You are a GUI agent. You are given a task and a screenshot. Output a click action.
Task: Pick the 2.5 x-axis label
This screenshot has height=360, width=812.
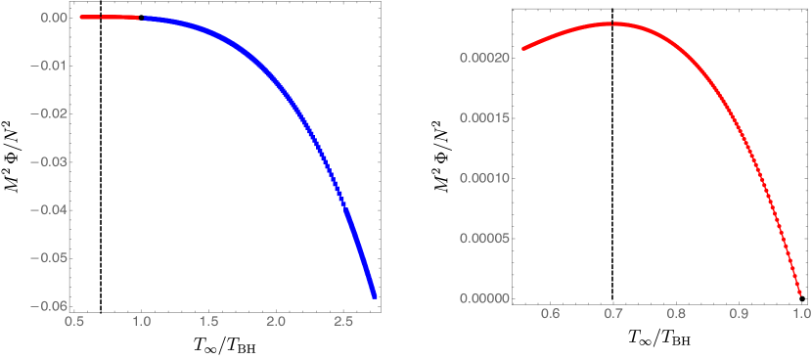tap(342, 321)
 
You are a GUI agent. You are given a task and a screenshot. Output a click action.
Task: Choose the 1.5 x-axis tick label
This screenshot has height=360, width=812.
tap(207, 321)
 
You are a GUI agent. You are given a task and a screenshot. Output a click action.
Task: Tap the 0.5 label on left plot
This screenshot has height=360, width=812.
tap(72, 321)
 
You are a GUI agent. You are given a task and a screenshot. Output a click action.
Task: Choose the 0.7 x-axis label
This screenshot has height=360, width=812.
tap(613, 313)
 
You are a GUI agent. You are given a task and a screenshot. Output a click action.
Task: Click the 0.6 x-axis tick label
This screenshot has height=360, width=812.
tap(551, 313)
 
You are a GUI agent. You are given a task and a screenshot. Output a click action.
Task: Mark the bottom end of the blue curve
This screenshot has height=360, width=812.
tap(374, 295)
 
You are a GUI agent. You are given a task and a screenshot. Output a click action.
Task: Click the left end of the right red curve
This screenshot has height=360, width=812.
tap(523, 48)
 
